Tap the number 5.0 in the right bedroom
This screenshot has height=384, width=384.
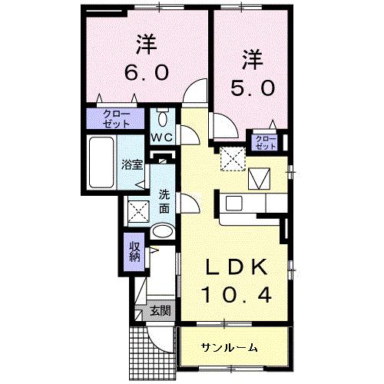(x=251, y=88)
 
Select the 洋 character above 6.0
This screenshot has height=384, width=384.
(x=146, y=43)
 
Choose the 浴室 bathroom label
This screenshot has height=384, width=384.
(x=131, y=164)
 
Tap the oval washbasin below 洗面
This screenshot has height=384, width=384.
(x=162, y=231)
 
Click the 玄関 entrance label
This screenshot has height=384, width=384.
(x=160, y=312)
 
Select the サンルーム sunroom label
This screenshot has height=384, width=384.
(x=230, y=347)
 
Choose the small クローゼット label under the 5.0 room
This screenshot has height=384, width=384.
(x=266, y=141)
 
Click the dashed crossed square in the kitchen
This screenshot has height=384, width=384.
(x=231, y=159)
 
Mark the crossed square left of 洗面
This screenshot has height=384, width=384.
(x=137, y=210)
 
